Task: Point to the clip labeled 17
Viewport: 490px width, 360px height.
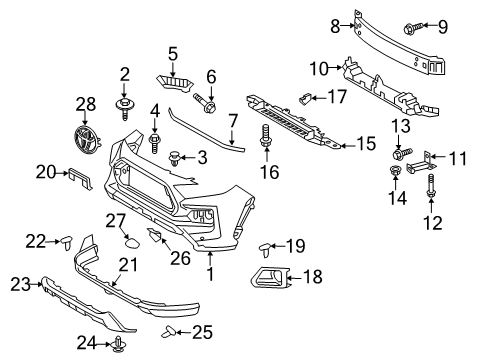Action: click(x=308, y=98)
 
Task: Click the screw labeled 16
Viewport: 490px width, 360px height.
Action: click(x=267, y=139)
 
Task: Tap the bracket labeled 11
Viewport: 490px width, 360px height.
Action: click(x=425, y=160)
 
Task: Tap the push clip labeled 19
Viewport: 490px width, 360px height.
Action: click(x=269, y=246)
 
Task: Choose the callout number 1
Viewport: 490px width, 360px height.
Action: click(x=210, y=272)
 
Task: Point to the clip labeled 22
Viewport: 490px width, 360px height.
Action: click(x=69, y=240)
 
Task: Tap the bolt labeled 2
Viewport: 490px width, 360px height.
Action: click(x=127, y=104)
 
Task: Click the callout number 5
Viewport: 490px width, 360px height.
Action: click(x=172, y=52)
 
